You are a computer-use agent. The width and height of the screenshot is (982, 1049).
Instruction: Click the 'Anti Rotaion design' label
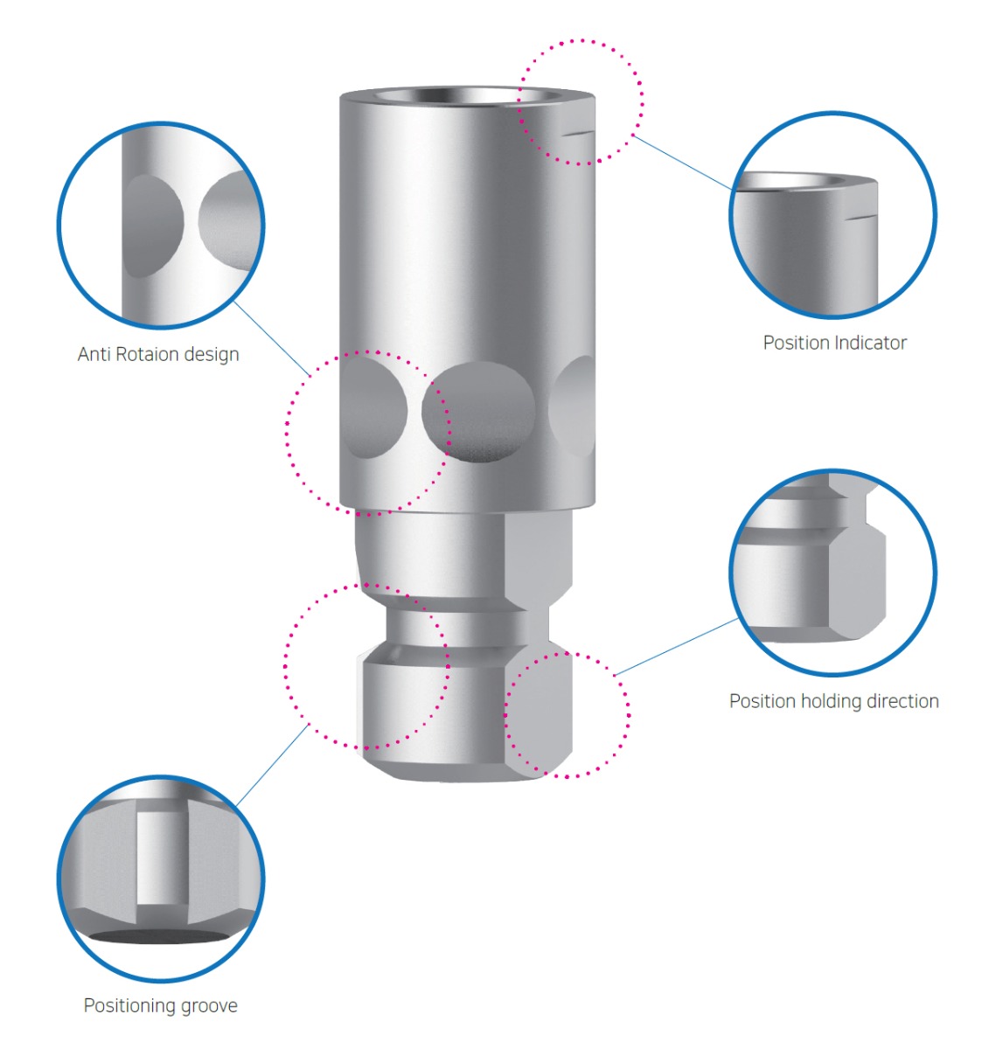coord(158,354)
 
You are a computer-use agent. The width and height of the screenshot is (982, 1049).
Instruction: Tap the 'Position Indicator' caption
coord(834,343)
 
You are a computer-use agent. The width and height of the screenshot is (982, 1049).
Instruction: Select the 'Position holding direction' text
coord(833,701)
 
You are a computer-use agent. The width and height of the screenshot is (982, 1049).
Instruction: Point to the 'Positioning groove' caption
coord(160,1005)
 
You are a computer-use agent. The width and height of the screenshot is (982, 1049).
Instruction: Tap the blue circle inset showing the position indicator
coord(832,214)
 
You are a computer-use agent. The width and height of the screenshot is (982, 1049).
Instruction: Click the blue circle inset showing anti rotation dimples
coord(161,225)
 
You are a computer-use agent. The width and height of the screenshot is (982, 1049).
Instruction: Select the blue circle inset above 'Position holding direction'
coord(832,572)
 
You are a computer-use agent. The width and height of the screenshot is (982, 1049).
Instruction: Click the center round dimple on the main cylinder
coord(478,411)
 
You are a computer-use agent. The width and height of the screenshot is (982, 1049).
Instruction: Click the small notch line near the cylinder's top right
coord(578,134)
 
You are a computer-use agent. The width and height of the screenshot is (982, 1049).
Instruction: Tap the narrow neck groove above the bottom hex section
coord(455,625)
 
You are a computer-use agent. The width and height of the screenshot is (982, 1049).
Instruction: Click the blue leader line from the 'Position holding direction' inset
coord(678,647)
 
